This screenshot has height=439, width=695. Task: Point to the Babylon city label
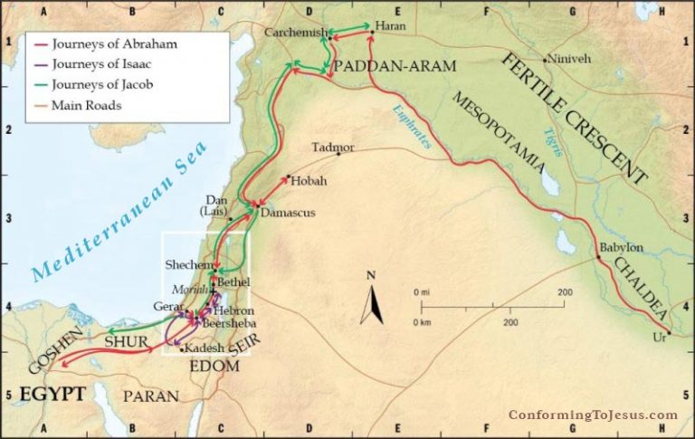pyautogui.click(x=621, y=247)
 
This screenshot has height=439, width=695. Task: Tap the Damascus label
pyautogui.click(x=286, y=216)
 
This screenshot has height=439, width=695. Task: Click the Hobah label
pyautogui.click(x=309, y=181)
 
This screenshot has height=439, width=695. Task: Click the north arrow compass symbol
pyautogui.click(x=371, y=301)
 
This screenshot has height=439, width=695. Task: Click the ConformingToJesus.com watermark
pyautogui.click(x=593, y=415)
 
